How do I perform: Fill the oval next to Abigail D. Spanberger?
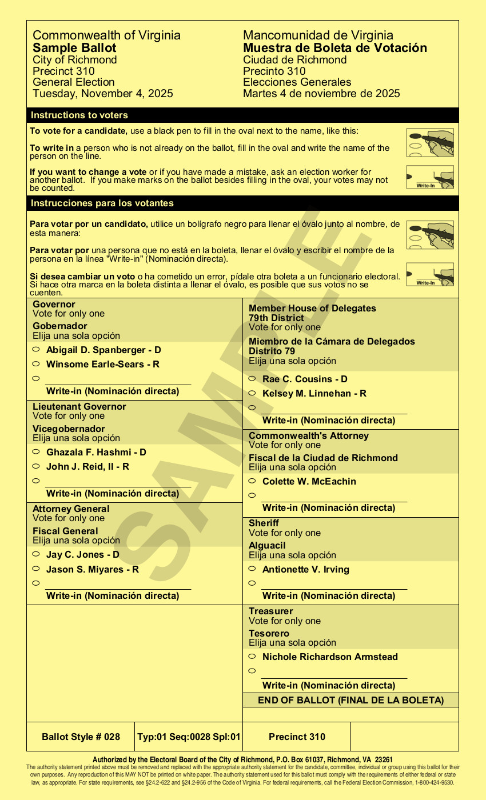pyautogui.click(x=35, y=349)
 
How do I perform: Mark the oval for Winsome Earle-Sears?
pyautogui.click(x=35, y=363)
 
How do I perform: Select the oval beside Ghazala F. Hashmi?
pyautogui.click(x=35, y=451)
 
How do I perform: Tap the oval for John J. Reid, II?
pyautogui.click(x=35, y=466)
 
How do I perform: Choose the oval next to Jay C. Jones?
pyautogui.click(x=35, y=554)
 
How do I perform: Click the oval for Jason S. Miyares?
pyautogui.click(x=35, y=569)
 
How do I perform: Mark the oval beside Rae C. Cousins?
pyautogui.click(x=252, y=378)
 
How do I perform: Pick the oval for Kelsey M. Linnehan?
pyautogui.click(x=252, y=393)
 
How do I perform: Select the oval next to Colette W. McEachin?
pyautogui.click(x=252, y=481)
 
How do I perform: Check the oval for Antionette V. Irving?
pyautogui.click(x=252, y=569)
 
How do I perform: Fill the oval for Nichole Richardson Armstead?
pyautogui.click(x=252, y=656)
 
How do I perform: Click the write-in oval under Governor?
pyautogui.click(x=35, y=378)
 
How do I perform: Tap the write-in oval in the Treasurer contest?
pyautogui.click(x=252, y=671)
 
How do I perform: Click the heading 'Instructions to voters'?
pyautogui.click(x=79, y=115)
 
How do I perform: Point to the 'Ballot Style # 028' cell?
pyautogui.click(x=81, y=737)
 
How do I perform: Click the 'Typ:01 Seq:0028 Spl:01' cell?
pyautogui.click(x=189, y=737)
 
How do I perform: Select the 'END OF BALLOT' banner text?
pyautogui.click(x=350, y=700)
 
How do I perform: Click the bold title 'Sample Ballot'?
pyautogui.click(x=74, y=48)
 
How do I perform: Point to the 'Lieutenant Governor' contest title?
pyautogui.click(x=79, y=406)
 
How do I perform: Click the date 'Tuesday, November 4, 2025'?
pyautogui.click(x=102, y=94)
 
